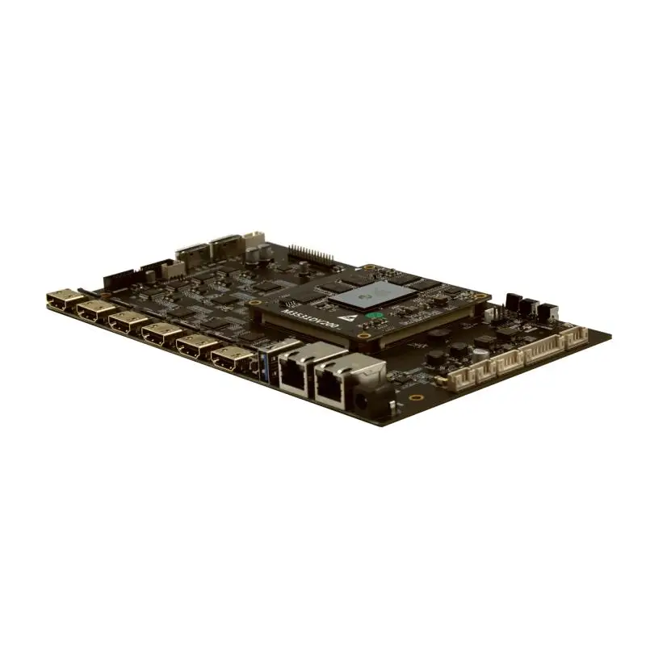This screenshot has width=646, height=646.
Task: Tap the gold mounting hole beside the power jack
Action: (x=415, y=396)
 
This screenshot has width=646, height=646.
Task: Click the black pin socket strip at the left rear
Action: (x=121, y=279)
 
